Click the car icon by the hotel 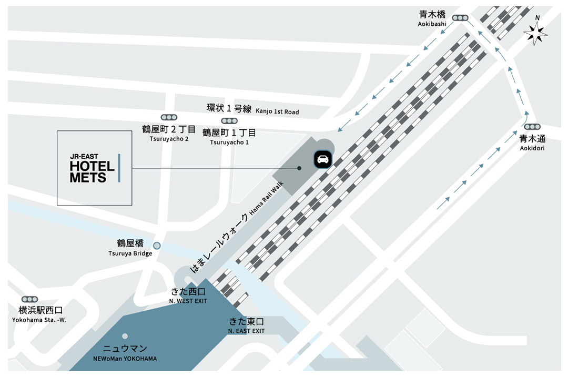click(x=322, y=159)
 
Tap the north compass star click(x=535, y=35)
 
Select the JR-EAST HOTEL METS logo click(x=94, y=168)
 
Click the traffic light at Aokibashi click(x=460, y=18)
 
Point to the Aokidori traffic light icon click(x=532, y=127)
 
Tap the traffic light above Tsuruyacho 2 click(x=169, y=117)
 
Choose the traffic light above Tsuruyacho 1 click(x=229, y=121)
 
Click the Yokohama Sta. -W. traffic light click(x=29, y=299)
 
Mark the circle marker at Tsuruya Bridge click(x=157, y=245)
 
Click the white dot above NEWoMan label click(x=125, y=336)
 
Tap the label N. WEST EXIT click(x=188, y=301)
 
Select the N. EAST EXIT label click(x=246, y=331)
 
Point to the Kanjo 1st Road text click(x=277, y=112)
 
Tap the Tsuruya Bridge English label click(x=130, y=253)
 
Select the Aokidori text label click(x=532, y=148)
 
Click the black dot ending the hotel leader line click(x=299, y=168)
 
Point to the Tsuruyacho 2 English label click(x=169, y=139)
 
